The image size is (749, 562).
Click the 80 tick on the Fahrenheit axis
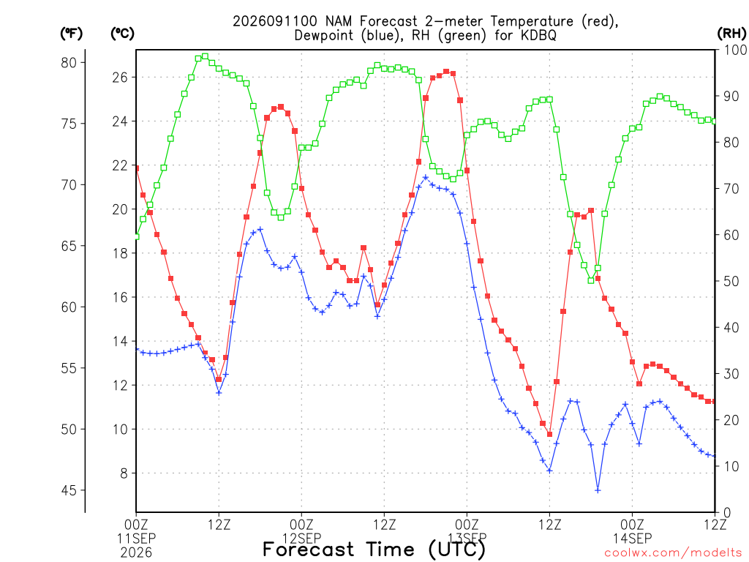tap(69, 63)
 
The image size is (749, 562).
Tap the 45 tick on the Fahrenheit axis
tap(69, 490)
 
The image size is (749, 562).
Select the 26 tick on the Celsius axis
tap(120, 77)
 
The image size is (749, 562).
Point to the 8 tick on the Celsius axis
tap(124, 473)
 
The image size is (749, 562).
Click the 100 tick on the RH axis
tap(735, 50)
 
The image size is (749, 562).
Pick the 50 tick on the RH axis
tap(731, 281)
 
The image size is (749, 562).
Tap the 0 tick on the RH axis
tap(728, 512)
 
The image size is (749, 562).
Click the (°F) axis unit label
tap(71, 34)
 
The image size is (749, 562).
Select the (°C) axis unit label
tap(122, 34)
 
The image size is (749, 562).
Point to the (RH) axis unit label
tap(731, 34)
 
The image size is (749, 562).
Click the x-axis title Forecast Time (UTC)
tap(374, 549)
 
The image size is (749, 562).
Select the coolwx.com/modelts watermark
tap(673, 553)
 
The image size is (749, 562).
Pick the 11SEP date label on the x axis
tap(136, 539)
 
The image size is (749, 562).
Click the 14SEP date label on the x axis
tap(633, 539)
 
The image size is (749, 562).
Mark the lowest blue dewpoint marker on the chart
tap(598, 490)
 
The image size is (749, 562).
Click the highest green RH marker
tap(205, 56)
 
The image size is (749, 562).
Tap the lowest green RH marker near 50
tap(591, 280)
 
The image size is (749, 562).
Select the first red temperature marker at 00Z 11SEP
tap(137, 168)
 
